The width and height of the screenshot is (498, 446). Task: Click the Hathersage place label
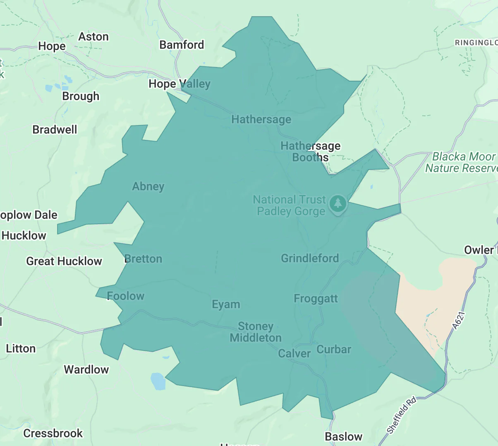261,120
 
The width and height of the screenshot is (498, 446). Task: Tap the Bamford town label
182,45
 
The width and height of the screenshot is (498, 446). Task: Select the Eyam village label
226,305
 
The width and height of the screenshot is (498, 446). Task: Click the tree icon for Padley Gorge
338,204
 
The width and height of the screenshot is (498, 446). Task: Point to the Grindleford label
310,259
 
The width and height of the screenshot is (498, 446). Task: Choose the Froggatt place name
316,299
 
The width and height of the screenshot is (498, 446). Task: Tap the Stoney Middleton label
256,332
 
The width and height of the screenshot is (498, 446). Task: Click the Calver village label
294,354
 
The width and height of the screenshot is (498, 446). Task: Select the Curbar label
334,350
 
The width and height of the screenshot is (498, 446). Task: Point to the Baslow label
343,436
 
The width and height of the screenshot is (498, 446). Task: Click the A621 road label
459,320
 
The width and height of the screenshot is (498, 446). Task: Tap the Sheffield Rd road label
401,415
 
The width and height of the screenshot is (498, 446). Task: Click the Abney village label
148,187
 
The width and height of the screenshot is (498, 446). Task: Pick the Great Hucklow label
64,261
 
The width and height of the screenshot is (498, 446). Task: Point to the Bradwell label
55,130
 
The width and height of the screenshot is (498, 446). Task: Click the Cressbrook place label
53,433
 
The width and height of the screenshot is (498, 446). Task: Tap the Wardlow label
86,369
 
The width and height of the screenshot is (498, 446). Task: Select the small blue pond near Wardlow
158,381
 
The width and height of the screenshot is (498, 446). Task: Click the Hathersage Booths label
310,151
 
